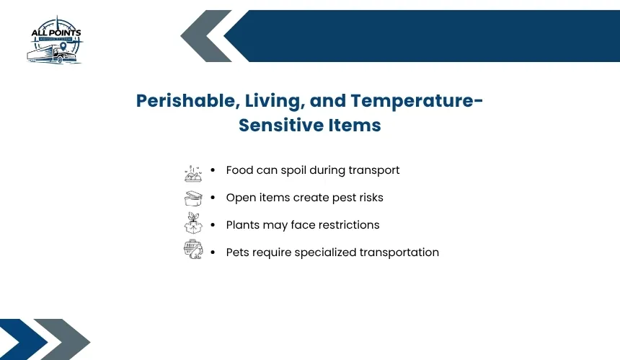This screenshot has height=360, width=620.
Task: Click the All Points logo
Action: [x=56, y=40]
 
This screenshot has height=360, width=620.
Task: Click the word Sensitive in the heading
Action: [x=281, y=125]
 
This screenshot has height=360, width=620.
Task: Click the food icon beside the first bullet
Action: [x=193, y=173]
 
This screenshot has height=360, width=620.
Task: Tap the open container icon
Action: [x=193, y=198]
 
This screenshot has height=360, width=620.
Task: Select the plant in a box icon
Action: [x=193, y=223]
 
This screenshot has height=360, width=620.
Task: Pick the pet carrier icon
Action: [x=193, y=249]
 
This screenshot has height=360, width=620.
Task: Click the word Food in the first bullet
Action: [x=239, y=170]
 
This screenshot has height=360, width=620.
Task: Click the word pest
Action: [x=344, y=198]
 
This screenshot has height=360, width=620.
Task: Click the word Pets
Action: [x=238, y=253]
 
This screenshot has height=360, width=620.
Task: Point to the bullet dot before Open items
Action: [x=213, y=198]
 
